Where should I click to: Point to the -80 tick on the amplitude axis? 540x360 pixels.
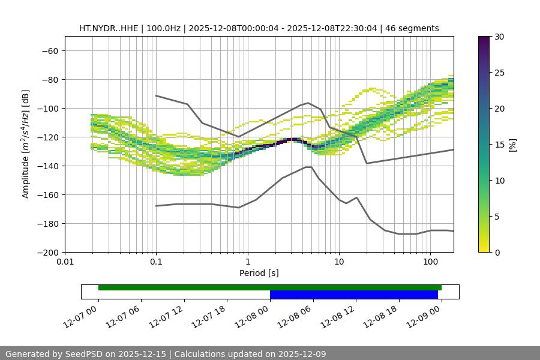(x=49, y=80)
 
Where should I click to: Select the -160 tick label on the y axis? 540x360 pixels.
(x=47, y=195)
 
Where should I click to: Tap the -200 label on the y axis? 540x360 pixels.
(x=47, y=253)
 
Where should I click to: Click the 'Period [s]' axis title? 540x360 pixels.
(x=259, y=273)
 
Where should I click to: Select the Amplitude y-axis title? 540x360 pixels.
(x=26, y=144)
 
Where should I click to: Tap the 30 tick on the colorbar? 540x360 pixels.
(x=499, y=37)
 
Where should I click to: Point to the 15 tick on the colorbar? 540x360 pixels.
(x=499, y=145)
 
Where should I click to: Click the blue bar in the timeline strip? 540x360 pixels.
(x=353, y=295)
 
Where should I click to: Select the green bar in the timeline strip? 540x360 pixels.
(x=269, y=287)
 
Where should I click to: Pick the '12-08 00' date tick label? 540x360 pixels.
(x=249, y=314)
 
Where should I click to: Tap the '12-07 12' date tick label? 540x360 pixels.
(x=163, y=314)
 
